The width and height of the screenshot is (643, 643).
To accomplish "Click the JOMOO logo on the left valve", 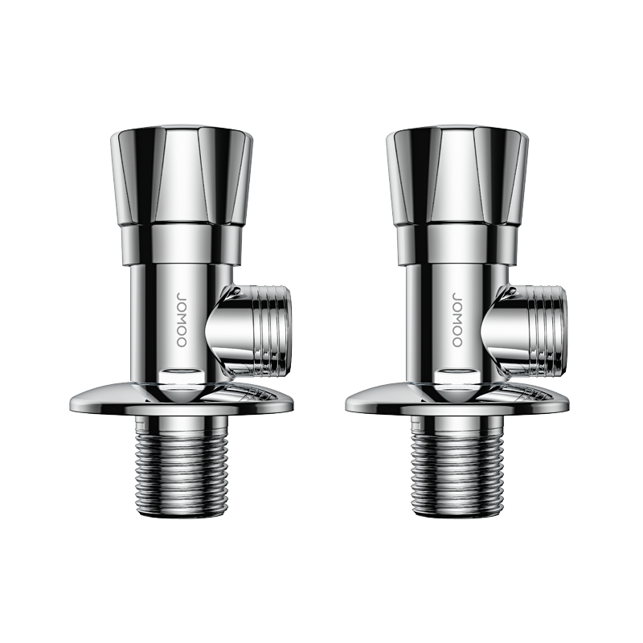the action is click(x=182, y=319).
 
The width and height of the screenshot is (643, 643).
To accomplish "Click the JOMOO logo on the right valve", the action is click(x=457, y=319).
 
